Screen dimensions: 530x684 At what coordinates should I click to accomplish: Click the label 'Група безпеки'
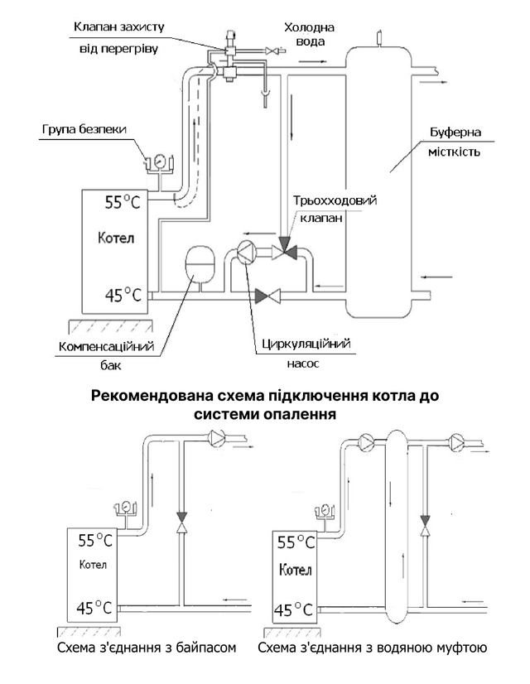point(84,129)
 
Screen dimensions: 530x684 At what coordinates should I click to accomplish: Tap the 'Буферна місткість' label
point(455,142)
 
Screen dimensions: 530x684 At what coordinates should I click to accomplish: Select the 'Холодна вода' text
point(309,34)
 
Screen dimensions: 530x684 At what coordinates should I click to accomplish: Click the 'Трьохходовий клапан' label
point(335,209)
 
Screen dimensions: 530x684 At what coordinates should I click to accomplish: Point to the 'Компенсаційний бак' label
point(107,355)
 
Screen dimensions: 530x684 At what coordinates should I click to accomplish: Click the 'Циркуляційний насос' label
point(306,353)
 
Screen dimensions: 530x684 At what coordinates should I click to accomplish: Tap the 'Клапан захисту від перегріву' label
point(118,37)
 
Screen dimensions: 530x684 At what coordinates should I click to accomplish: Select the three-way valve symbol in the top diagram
point(284,250)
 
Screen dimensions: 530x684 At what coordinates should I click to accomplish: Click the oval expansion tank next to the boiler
point(200,265)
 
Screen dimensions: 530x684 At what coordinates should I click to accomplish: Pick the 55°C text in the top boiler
point(123,202)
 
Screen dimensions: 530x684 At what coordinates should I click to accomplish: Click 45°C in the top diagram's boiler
point(123,295)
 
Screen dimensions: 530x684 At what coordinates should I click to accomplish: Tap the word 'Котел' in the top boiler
point(116,238)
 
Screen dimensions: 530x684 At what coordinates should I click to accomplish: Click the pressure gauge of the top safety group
point(159,161)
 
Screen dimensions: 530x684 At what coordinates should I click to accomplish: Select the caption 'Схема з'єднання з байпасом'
point(147,648)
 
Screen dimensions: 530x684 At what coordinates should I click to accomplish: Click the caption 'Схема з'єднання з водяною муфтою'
point(372,648)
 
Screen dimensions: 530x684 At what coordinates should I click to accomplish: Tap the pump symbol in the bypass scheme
point(216,436)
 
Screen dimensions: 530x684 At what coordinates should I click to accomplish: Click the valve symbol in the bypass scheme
point(182,522)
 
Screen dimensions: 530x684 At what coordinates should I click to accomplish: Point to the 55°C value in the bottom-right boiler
point(296,542)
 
